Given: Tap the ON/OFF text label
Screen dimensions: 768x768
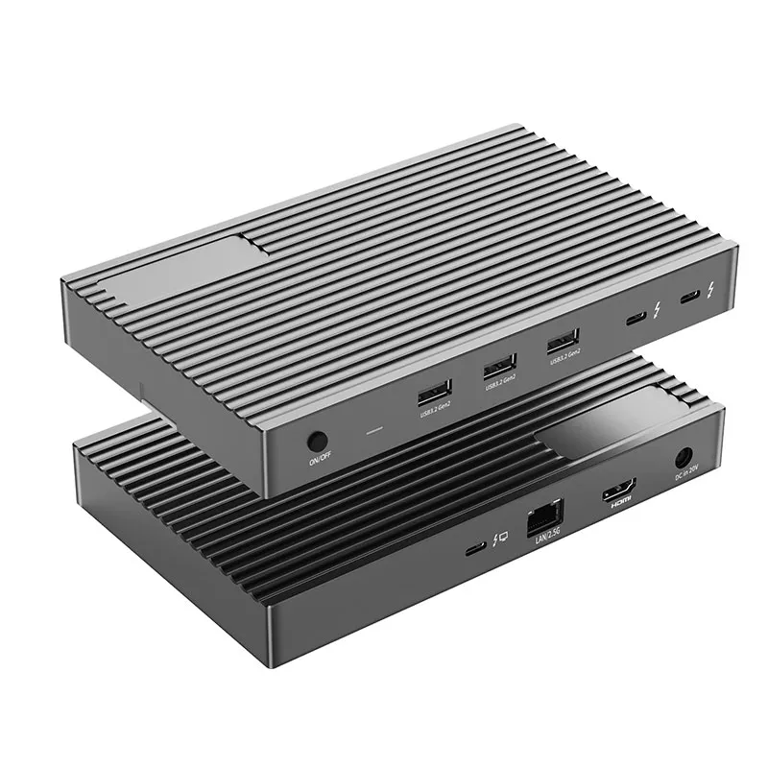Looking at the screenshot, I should [x=319, y=462].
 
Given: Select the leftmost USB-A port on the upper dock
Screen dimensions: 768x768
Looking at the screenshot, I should [x=433, y=392].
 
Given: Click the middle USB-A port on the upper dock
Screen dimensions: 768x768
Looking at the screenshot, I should [x=498, y=366].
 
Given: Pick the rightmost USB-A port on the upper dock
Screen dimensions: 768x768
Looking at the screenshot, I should [x=562, y=340].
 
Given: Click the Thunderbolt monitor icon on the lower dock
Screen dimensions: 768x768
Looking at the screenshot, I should [x=499, y=542].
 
